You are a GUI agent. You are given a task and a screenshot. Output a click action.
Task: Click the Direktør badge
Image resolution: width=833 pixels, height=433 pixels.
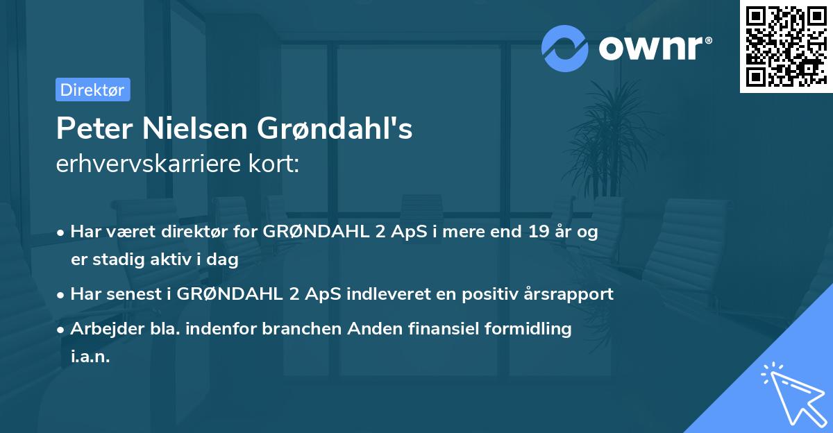click(92, 90)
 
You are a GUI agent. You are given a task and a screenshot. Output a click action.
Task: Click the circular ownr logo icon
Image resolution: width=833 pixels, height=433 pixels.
click(564, 49)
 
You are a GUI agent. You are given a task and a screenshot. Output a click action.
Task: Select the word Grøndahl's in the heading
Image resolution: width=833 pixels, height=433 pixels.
click(335, 129)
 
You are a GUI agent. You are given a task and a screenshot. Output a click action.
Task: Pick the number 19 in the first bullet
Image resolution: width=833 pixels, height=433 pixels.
click(537, 232)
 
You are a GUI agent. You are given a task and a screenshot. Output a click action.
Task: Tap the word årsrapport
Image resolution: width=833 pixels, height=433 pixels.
click(566, 294)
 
